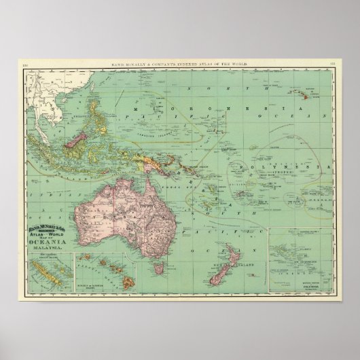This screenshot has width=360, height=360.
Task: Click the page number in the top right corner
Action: [x=332, y=65]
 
